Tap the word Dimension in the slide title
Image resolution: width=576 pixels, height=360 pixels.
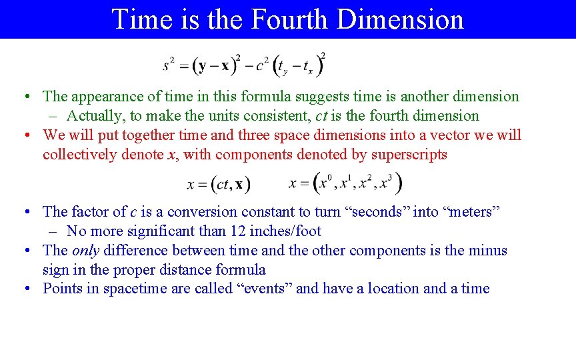(400, 19)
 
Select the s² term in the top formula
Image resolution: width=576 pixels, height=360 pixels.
(169, 65)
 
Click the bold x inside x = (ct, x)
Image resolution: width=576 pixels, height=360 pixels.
(239, 183)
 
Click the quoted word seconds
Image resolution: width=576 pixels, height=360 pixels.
(375, 212)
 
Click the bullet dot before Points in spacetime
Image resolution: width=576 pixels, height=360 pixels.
(25, 289)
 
